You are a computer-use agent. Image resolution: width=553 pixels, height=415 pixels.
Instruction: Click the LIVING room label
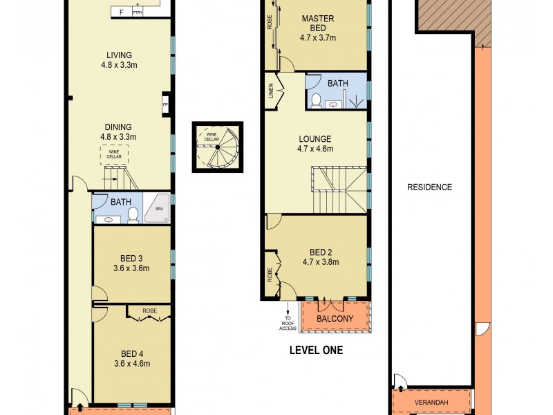[x=119, y=55]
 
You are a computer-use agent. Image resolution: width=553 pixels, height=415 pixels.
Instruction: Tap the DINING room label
[x=119, y=127]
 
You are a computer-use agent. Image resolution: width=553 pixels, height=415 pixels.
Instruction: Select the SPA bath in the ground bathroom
[x=157, y=209]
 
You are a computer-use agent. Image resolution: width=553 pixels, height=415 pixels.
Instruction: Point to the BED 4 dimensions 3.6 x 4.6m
[x=131, y=363]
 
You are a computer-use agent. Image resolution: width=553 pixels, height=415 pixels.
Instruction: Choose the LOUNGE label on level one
[x=315, y=139]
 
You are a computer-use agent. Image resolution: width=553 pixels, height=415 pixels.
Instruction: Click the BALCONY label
[x=335, y=319]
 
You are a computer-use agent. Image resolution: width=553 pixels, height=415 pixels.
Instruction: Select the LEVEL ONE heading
[x=316, y=351]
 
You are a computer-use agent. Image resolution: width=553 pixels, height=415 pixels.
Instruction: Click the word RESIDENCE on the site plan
[x=429, y=187]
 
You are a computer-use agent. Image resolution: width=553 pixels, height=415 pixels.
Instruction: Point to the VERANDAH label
[x=431, y=401]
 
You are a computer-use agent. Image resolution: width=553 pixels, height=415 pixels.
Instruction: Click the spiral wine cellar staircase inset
[x=218, y=146]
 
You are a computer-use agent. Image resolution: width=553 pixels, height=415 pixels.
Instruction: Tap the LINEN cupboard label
[x=271, y=91]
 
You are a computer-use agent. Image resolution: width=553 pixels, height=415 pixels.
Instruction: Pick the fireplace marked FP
[x=165, y=105]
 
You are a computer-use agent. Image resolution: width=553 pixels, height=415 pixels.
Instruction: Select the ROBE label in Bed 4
[x=150, y=311]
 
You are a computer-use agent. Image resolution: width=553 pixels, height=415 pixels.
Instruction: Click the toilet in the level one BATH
[x=315, y=101]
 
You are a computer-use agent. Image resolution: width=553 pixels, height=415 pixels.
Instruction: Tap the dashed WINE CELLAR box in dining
[x=115, y=154]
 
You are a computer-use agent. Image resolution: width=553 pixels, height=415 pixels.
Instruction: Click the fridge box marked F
[x=122, y=12]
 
